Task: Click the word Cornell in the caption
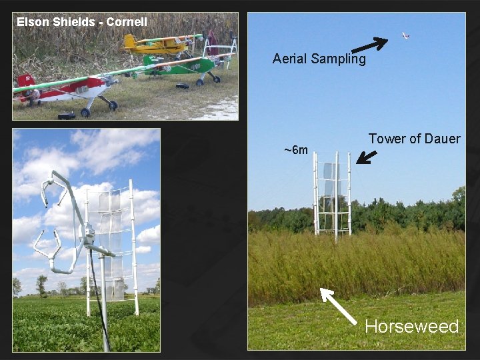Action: tap(127, 22)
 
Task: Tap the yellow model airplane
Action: tap(158, 45)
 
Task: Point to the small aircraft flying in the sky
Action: tap(405, 35)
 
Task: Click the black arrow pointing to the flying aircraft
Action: tap(369, 45)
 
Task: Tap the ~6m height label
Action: tap(296, 150)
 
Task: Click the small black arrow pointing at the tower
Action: tap(366, 157)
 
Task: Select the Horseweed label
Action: tap(411, 327)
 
